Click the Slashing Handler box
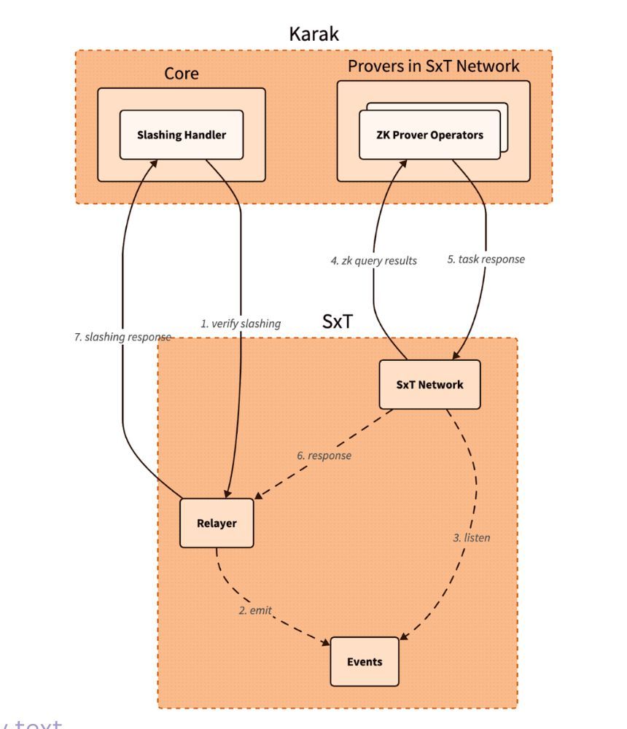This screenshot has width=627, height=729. [x=181, y=135]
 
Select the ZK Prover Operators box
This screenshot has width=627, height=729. [x=430, y=136]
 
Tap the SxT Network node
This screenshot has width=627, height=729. [x=429, y=384]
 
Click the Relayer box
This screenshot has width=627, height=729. [x=217, y=523]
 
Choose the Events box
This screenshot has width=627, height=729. [x=365, y=661]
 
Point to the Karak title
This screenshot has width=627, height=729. [x=313, y=34]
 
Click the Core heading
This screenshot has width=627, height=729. [x=181, y=74]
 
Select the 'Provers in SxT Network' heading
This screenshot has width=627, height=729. [x=433, y=66]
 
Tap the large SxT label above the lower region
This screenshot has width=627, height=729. [x=338, y=321]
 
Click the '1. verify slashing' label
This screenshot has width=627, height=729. [x=241, y=324]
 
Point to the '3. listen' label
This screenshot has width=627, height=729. [x=471, y=538]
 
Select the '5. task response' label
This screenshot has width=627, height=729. [x=486, y=259]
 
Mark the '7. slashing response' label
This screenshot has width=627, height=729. [x=122, y=337]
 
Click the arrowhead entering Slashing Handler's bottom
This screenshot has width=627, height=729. [x=153, y=163]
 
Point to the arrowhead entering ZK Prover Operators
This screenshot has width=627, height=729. [x=400, y=164]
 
